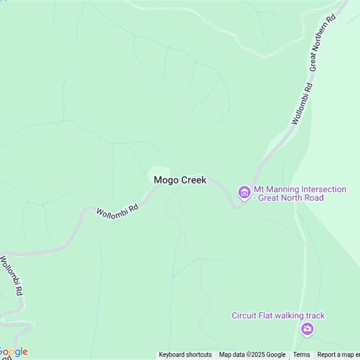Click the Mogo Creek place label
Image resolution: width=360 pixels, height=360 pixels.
[180, 180]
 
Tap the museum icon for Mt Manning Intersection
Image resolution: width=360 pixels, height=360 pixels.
[244, 193]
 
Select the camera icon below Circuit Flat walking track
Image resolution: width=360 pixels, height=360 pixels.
[307, 328]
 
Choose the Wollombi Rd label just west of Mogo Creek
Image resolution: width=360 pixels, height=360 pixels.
[117, 210]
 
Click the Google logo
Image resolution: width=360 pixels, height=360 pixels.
[13, 352]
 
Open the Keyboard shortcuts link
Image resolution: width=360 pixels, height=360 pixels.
[185, 355]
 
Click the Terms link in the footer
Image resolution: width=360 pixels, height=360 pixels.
[301, 355]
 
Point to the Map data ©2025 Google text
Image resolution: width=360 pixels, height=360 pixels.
[252, 355]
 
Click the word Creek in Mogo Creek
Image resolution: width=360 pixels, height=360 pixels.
[193, 180]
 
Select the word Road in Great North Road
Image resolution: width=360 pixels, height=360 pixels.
[314, 198]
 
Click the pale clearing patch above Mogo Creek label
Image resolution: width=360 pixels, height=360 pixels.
[159, 172]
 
